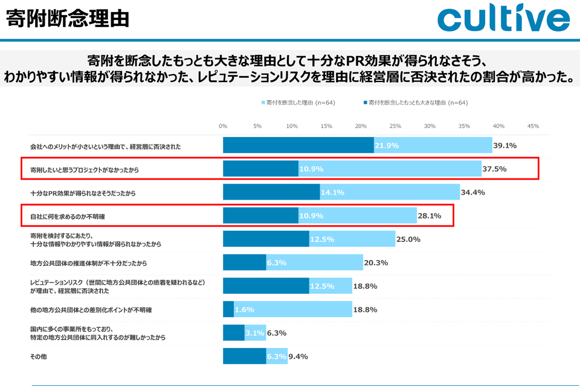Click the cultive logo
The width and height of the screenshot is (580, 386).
click(x=503, y=19)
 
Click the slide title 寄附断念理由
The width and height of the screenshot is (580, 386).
click(x=68, y=18)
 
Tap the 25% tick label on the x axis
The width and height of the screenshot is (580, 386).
click(x=395, y=126)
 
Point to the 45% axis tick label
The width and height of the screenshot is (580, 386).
click(x=533, y=126)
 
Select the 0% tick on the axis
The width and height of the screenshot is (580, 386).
click(x=223, y=126)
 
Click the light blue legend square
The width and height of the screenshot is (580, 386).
click(x=263, y=103)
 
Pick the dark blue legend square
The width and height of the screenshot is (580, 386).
click(x=366, y=103)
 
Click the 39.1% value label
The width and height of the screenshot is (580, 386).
click(x=505, y=145)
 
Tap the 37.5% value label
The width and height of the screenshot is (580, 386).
click(x=494, y=169)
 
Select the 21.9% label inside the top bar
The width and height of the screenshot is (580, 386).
click(x=387, y=145)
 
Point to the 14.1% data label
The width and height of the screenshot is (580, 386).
click(x=332, y=192)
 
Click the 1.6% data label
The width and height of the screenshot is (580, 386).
click(x=243, y=309)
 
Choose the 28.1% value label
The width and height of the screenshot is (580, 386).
click(x=430, y=215)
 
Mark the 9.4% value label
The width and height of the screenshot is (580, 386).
click(x=298, y=356)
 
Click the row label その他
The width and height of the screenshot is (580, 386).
click(x=38, y=356)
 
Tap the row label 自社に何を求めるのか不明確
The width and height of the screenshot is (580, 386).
click(x=72, y=215)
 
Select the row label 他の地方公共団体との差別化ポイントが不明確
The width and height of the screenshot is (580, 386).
click(x=91, y=309)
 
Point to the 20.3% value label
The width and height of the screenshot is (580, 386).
click(x=376, y=262)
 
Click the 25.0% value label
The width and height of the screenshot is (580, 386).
click(x=408, y=239)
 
